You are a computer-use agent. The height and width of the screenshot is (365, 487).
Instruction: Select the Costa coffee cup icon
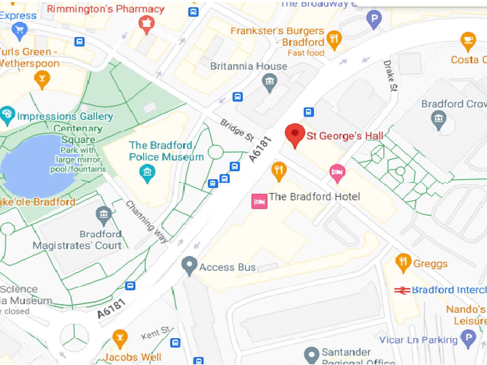(x=468, y=41)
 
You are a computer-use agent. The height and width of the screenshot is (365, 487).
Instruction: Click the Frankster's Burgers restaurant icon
(x=334, y=39)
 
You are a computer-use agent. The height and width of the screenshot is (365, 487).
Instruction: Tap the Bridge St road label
(x=237, y=130)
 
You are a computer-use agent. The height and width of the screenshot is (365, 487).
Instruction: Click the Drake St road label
(x=390, y=76)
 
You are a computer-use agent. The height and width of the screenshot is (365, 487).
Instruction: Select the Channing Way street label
(x=147, y=222)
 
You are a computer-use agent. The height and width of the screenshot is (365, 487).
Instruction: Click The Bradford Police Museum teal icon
(x=147, y=173)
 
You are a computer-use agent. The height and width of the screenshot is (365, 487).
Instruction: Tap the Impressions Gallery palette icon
(x=7, y=114)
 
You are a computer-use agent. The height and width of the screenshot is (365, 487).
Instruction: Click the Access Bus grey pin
(x=189, y=265)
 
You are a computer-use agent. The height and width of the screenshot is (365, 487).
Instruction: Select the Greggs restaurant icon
(x=403, y=262)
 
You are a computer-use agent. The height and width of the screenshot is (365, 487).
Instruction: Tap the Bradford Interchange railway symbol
(x=402, y=290)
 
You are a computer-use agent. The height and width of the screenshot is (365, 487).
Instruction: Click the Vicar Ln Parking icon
(x=468, y=338)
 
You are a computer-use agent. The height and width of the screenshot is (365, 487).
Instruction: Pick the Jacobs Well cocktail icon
(x=120, y=338)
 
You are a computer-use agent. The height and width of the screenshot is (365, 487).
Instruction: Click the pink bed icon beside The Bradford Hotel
(x=259, y=201)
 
